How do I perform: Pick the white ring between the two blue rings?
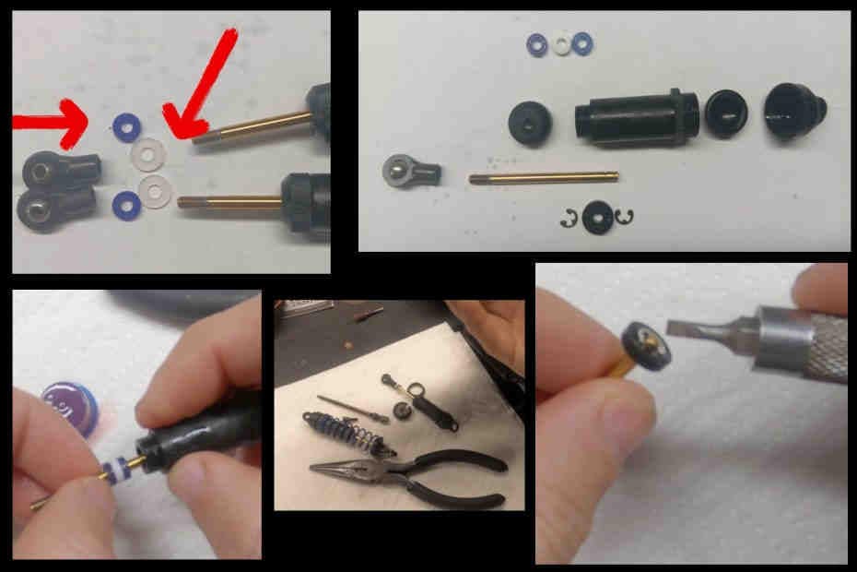561,42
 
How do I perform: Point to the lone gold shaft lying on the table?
542,177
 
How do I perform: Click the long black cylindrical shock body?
632,115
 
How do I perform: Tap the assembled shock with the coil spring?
355,435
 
